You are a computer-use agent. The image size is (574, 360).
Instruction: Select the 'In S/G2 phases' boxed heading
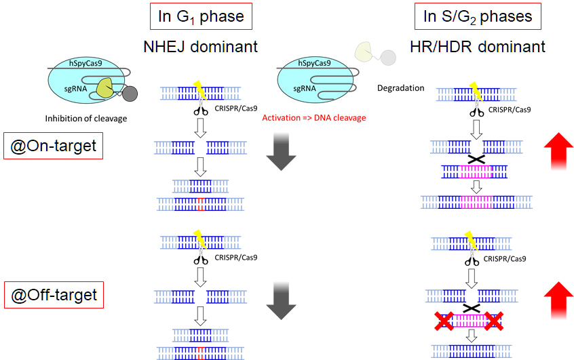point(478,17)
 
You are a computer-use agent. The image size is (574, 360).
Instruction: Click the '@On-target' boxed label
point(52,145)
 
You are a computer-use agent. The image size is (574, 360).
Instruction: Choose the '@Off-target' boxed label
point(52,295)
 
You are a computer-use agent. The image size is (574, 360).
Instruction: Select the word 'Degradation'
point(400,88)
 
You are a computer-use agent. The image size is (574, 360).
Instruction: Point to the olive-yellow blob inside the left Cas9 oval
point(104,87)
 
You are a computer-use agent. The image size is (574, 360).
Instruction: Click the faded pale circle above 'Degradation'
point(387,58)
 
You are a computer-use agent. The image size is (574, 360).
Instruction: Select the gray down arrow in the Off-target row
point(280,301)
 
